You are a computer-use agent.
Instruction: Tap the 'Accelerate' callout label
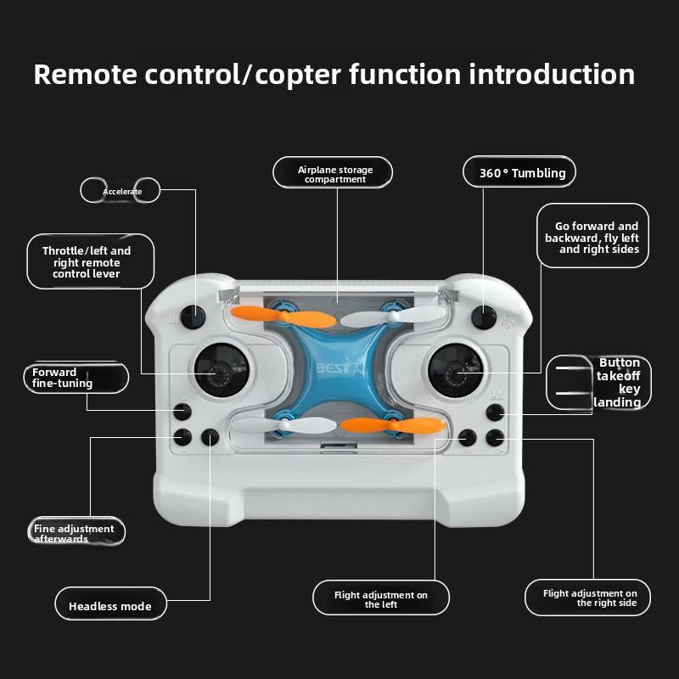121,191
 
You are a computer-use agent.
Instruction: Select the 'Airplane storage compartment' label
334,173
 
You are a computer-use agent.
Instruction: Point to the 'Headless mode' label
110,606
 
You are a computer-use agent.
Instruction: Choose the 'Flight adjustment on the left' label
381,599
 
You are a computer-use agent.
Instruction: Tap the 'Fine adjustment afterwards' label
75,533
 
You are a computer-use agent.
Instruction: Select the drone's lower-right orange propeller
392,424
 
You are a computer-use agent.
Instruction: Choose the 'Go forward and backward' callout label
592,238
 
